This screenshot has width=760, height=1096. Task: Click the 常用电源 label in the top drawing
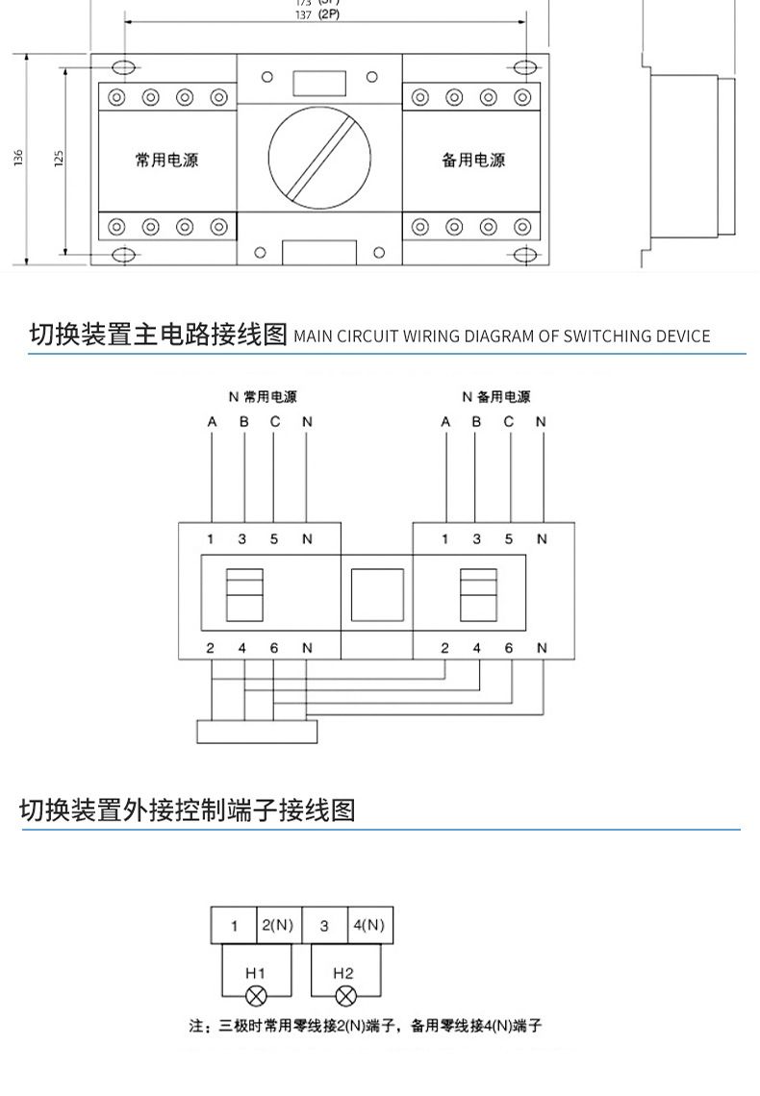166,160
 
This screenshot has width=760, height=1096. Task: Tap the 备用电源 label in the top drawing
473,160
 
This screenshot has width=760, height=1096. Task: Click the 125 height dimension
58,159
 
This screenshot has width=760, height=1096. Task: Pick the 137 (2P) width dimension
317,16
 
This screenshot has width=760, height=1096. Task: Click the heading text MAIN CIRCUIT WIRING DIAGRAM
501,336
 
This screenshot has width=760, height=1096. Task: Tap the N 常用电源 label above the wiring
262,396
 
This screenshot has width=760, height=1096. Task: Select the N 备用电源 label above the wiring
495,396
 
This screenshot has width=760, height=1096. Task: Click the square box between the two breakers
377,595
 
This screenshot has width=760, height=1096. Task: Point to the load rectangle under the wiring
257,731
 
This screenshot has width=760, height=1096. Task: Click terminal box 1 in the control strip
234,926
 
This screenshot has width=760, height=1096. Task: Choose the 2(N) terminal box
278,926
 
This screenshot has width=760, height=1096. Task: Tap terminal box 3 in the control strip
324,926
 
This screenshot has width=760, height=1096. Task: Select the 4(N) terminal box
370,926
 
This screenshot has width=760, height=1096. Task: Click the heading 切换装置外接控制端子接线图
188,810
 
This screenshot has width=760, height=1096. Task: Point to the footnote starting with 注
366,1026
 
